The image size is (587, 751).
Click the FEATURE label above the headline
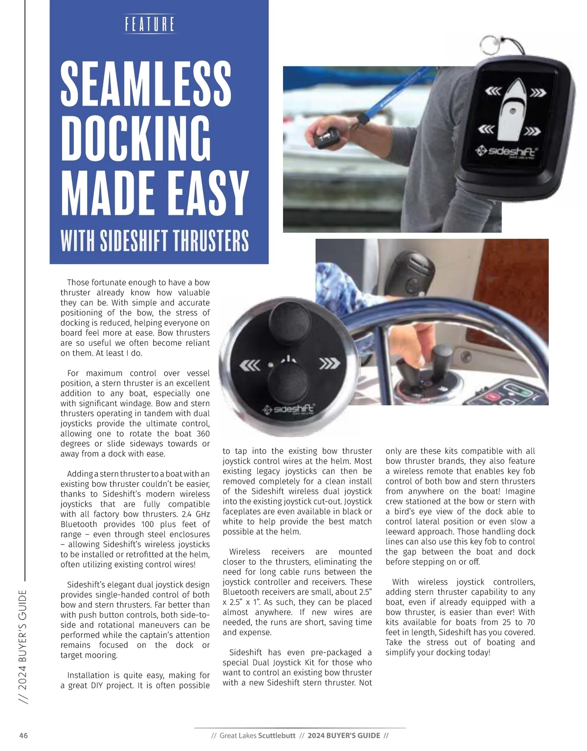pos(150,24)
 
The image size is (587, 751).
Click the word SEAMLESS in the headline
pos(146,83)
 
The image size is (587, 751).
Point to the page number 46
pos(23,735)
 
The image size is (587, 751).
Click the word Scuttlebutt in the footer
pos(277,735)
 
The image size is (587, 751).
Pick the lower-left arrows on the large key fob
pos(486,129)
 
